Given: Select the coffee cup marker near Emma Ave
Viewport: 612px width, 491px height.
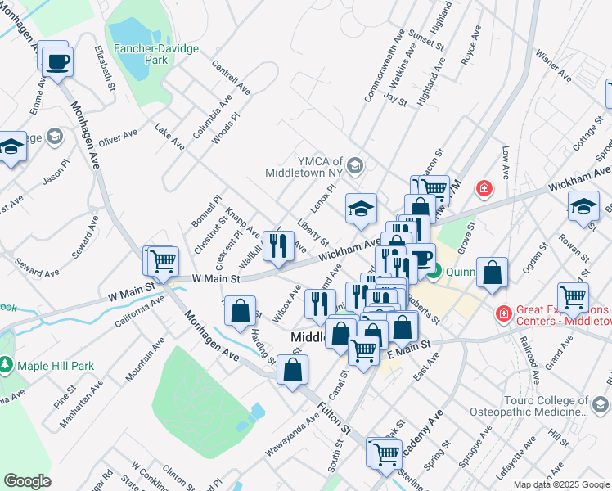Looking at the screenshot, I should tap(58, 61).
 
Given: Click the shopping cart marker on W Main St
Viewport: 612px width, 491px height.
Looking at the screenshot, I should tap(163, 261).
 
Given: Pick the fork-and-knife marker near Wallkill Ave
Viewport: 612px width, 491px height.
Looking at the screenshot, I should tap(279, 245).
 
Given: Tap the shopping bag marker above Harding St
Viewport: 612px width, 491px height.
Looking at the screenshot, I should tap(240, 312).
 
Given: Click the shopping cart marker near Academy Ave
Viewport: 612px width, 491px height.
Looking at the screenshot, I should tap(386, 453).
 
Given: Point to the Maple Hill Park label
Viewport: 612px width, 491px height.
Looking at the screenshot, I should tap(48, 365).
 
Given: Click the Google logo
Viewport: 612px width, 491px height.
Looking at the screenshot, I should tap(27, 481).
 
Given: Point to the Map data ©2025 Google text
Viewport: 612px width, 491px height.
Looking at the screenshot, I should tap(561, 484).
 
